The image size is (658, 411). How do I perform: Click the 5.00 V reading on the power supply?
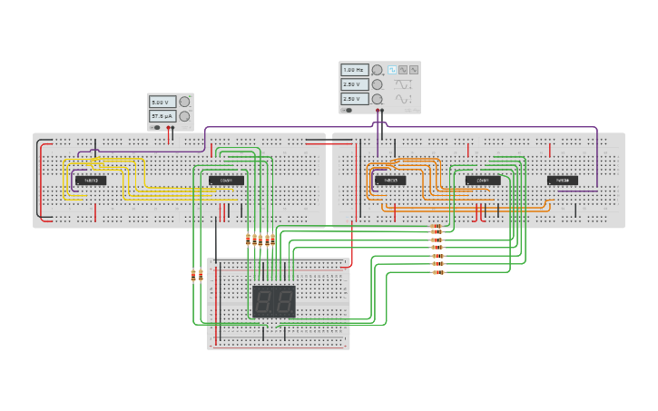[x=163, y=103]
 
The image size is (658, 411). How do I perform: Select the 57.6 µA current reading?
[x=163, y=117]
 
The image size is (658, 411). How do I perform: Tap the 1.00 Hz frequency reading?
[x=354, y=69]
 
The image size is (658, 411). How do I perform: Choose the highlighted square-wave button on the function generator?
[x=393, y=69]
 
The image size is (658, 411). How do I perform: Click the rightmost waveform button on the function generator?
[x=414, y=69]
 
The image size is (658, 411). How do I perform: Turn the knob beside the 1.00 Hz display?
[x=377, y=69]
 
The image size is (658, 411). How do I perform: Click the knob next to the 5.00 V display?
[x=184, y=103]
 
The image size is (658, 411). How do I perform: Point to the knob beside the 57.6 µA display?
[x=184, y=117]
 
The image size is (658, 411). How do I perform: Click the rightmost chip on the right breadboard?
[x=563, y=181]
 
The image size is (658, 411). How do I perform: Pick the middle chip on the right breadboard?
[x=483, y=181]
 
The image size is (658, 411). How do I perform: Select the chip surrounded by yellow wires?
[x=91, y=181]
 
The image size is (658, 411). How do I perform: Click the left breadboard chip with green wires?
[x=226, y=181]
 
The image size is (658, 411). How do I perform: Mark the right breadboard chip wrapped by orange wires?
[x=390, y=181]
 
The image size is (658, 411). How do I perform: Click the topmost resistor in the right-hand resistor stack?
[x=437, y=227]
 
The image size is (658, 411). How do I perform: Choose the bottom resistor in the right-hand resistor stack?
[x=437, y=272]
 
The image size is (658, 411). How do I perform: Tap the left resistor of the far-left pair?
[x=193, y=275]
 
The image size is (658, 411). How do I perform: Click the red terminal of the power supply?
[x=168, y=128]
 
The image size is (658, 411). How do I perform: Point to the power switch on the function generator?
[x=347, y=110]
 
